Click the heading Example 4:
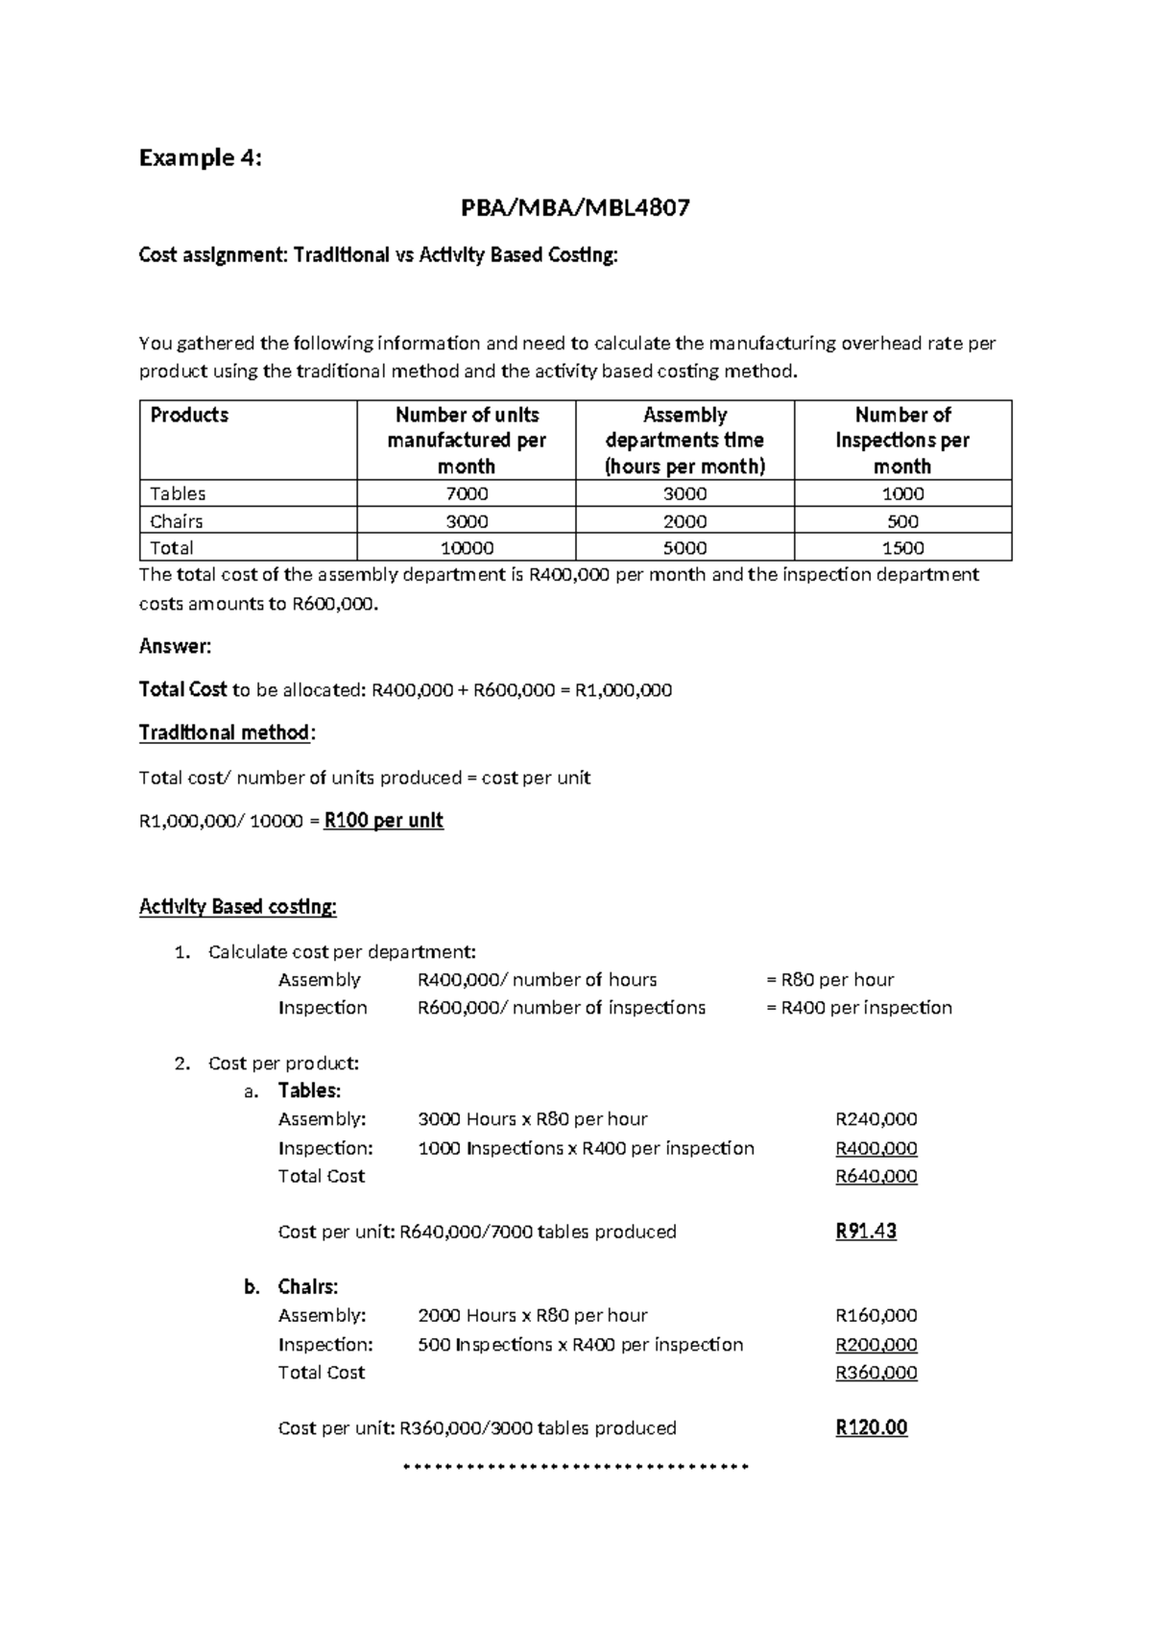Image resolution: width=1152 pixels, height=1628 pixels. click(x=200, y=157)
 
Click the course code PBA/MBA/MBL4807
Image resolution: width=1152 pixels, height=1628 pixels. click(x=575, y=207)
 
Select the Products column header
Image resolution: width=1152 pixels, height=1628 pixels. click(x=189, y=415)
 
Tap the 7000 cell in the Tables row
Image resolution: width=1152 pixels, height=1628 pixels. click(x=467, y=493)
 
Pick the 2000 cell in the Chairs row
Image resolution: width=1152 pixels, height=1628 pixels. click(x=684, y=521)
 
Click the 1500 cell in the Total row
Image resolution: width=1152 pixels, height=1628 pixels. click(x=902, y=548)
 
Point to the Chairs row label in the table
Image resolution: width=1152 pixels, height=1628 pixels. click(x=177, y=521)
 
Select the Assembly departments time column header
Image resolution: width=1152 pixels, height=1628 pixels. click(x=684, y=440)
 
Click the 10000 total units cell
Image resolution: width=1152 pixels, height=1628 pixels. click(x=467, y=548)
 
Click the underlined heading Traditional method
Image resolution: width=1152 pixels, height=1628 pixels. click(x=225, y=732)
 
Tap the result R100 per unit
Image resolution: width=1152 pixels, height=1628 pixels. click(x=384, y=821)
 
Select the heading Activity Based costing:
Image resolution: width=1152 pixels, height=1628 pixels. click(x=237, y=906)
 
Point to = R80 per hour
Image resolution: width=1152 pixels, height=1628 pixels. click(x=830, y=979)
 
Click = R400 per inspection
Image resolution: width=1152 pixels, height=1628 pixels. click(x=859, y=1007)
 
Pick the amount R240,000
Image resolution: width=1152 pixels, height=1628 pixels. click(x=876, y=1119)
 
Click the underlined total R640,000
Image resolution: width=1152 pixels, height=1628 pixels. click(x=876, y=1176)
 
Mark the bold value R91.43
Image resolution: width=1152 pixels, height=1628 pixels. click(x=866, y=1232)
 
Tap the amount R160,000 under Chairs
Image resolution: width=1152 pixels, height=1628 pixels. click(x=876, y=1315)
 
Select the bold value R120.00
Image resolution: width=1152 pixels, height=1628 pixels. click(x=871, y=1427)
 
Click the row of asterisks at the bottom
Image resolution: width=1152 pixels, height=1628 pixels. click(x=575, y=1467)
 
